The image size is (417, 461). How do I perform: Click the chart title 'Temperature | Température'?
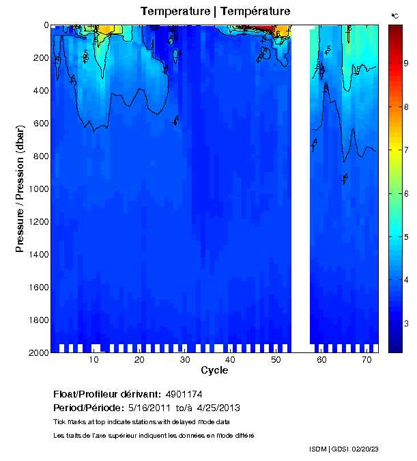point(215,11)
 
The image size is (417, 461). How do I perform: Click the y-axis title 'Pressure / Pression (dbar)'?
point(20,188)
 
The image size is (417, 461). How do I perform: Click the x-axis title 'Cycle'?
point(214,370)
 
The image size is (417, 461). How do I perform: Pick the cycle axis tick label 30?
point(185,360)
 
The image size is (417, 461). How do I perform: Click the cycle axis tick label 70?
point(366,360)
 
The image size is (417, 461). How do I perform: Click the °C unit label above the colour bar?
point(395,15)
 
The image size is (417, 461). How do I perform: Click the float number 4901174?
point(183,395)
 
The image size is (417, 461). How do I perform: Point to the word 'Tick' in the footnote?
point(60,422)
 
